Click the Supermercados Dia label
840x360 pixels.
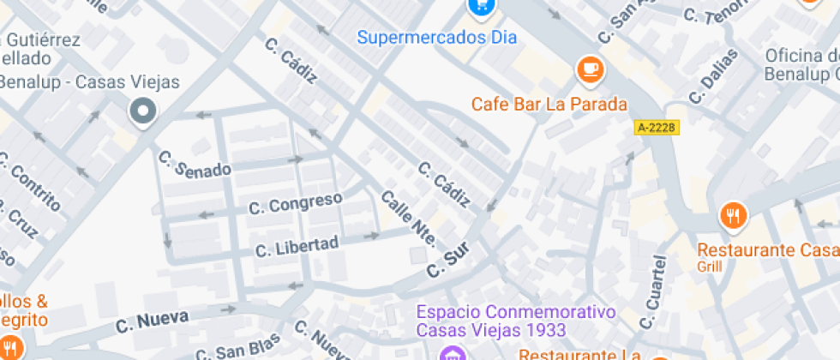437,38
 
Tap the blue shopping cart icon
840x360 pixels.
481,6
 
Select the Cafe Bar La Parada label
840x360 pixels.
549,105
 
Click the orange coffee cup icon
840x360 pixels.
589,69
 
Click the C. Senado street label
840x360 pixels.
195,164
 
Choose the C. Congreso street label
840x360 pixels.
296,203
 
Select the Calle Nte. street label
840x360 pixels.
408,218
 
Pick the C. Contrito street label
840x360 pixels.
31,180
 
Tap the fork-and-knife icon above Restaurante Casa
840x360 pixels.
733,215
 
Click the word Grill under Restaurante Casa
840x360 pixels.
710,266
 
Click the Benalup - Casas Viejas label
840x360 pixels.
89,82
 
